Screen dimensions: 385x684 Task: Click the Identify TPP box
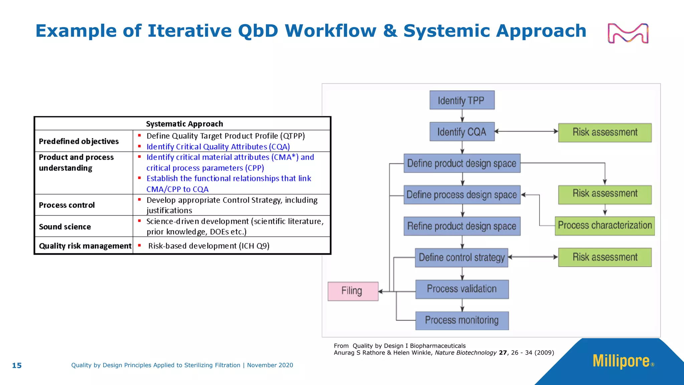pyautogui.click(x=462, y=100)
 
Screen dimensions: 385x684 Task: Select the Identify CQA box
pyautogui.click(x=462, y=132)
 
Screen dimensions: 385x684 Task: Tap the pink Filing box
pyautogui.click(x=353, y=291)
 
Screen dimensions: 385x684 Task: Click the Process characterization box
pyautogui.click(x=605, y=226)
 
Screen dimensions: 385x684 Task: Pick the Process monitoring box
pyautogui.click(x=462, y=320)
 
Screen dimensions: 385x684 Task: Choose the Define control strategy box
pyautogui.click(x=462, y=258)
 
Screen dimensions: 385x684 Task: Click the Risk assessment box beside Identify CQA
pyautogui.click(x=605, y=132)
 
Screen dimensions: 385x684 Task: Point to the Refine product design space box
pyautogui.click(x=462, y=226)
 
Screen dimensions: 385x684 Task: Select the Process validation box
pyautogui.click(x=462, y=289)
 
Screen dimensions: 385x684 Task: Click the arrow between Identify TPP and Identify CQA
pyautogui.click(x=462, y=116)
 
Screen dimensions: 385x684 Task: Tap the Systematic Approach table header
pyautogui.click(x=184, y=124)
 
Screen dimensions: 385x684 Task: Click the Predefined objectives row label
pyautogui.click(x=79, y=141)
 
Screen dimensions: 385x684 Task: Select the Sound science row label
pyautogui.click(x=65, y=227)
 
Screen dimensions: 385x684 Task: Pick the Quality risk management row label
pyautogui.click(x=85, y=246)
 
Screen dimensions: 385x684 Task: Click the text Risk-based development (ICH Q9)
pyautogui.click(x=209, y=246)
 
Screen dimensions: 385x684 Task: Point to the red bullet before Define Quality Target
pyautogui.click(x=140, y=135)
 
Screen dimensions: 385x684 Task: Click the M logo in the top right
pyautogui.click(x=628, y=33)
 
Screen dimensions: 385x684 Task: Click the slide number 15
pyautogui.click(x=17, y=366)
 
